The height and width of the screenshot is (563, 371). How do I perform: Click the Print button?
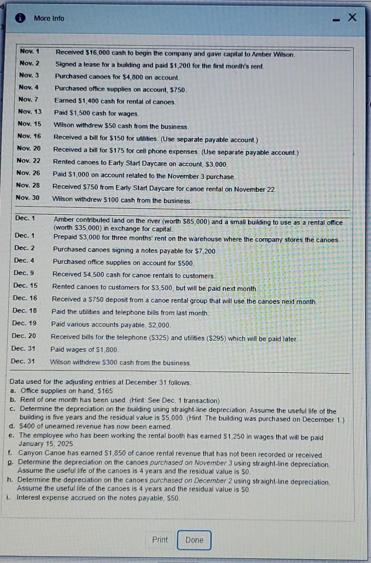[159, 540]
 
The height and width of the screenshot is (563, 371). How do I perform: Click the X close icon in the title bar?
[352, 18]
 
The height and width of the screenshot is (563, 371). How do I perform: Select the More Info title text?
[49, 18]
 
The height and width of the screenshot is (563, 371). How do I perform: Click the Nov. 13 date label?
[30, 112]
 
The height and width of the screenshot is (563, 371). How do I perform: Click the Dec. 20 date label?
[24, 336]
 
